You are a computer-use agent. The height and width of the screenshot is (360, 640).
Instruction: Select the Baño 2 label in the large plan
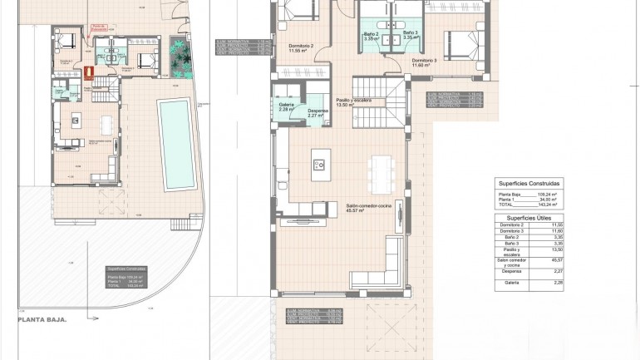click(371, 35)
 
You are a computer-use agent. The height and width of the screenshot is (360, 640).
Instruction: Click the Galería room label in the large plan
click(286, 106)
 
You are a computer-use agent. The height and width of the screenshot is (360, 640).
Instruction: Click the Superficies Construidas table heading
click(529, 183)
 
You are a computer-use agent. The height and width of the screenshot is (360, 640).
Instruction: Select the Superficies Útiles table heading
click(529, 217)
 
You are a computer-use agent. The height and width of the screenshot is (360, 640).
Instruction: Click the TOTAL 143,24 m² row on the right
click(529, 205)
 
